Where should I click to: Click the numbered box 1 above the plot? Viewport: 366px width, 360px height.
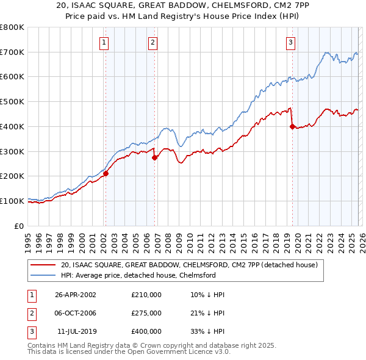105,42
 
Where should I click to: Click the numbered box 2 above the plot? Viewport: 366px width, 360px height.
152,42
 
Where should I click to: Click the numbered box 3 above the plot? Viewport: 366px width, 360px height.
290,42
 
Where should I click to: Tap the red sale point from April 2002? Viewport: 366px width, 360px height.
106,173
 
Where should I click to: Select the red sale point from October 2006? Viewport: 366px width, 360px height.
154,157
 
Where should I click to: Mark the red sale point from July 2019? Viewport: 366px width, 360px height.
292,126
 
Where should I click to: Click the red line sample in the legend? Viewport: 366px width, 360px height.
43,265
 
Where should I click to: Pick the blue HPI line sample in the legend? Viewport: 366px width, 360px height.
43,275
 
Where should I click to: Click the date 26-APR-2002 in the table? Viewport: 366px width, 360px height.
76,295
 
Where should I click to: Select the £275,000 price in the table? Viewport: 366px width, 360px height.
146,313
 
